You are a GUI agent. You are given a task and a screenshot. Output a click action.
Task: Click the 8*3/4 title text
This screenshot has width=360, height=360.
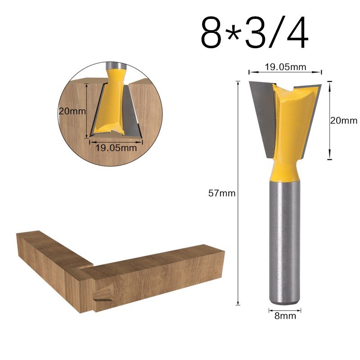[255, 34]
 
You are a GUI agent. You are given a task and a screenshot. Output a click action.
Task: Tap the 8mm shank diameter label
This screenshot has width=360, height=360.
[285, 316]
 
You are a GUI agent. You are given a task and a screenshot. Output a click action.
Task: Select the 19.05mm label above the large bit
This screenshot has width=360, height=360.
[285, 67]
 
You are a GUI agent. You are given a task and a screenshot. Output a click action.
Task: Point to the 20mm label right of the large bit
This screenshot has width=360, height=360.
[343, 120]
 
